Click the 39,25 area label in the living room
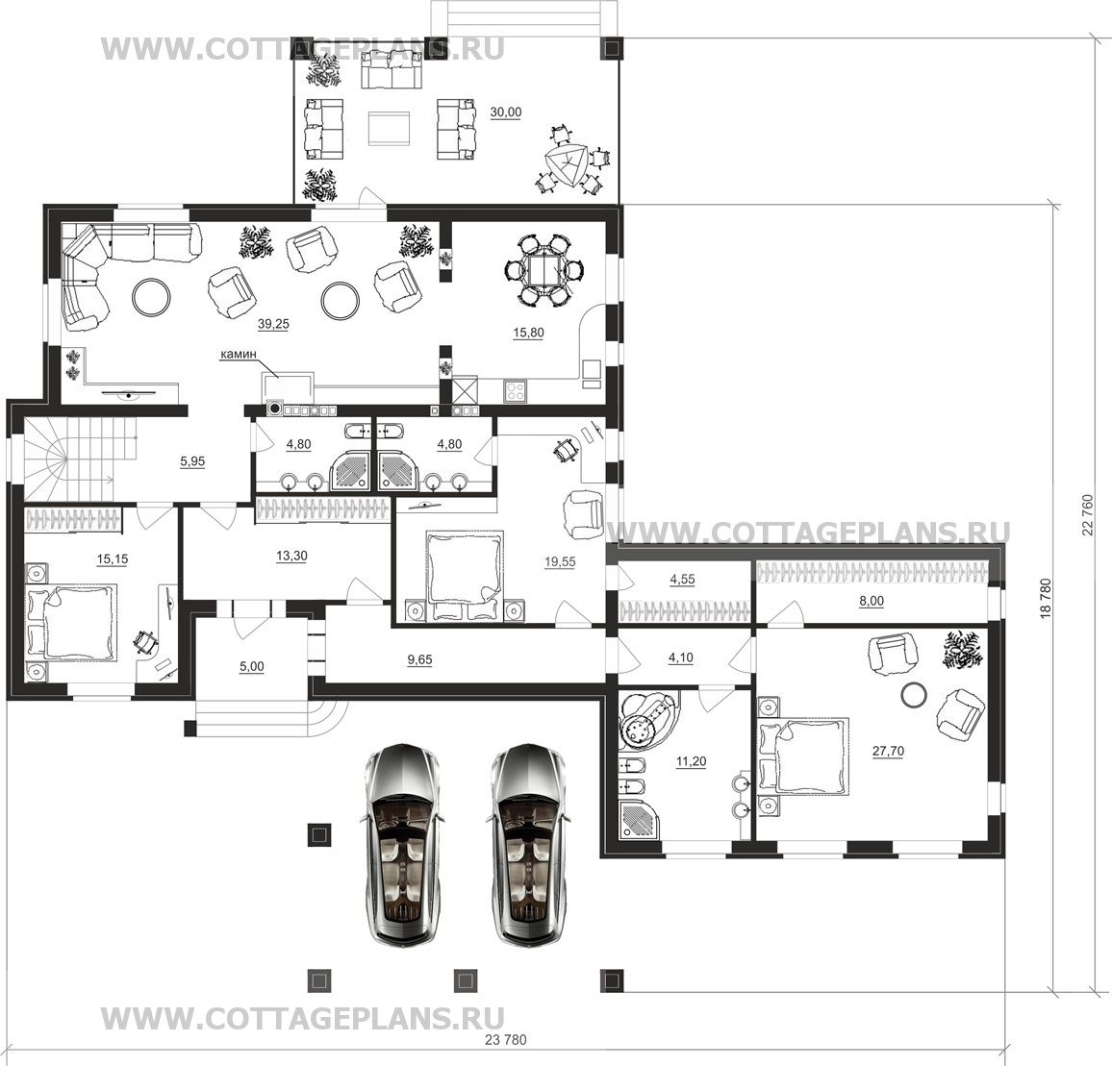(x=273, y=324)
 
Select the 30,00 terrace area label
(x=506, y=112)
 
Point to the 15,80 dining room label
(x=528, y=333)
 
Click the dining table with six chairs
(x=545, y=270)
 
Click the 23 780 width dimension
(x=506, y=1040)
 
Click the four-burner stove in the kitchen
(x=515, y=391)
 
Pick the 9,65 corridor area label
(x=419, y=659)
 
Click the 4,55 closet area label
(x=682, y=579)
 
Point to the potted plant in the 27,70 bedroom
(x=964, y=649)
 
